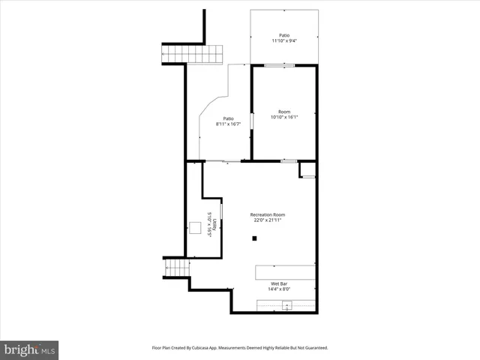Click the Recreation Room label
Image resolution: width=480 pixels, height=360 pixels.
[268, 215]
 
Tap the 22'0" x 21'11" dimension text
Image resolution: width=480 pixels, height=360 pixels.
[268, 221]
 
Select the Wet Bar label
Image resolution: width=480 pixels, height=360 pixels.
[279, 283]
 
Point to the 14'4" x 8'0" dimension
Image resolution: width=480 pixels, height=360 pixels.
[279, 289]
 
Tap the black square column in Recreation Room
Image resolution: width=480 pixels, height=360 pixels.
[255, 238]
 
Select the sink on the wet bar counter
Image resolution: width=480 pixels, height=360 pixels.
[286, 305]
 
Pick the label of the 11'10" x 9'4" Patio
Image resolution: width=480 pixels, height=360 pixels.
[284, 35]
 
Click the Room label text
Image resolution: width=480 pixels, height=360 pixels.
[284, 111]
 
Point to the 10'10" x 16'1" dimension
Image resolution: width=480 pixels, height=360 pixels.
[284, 117]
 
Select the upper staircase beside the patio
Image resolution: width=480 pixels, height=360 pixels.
[193, 55]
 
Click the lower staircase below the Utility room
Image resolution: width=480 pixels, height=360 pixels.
[175, 268]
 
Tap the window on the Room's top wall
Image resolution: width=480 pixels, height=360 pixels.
[279, 66]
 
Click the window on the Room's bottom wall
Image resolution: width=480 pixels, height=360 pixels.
[288, 160]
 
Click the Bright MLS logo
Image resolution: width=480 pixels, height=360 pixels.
[30, 349]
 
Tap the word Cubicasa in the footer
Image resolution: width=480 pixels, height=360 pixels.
[214, 348]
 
